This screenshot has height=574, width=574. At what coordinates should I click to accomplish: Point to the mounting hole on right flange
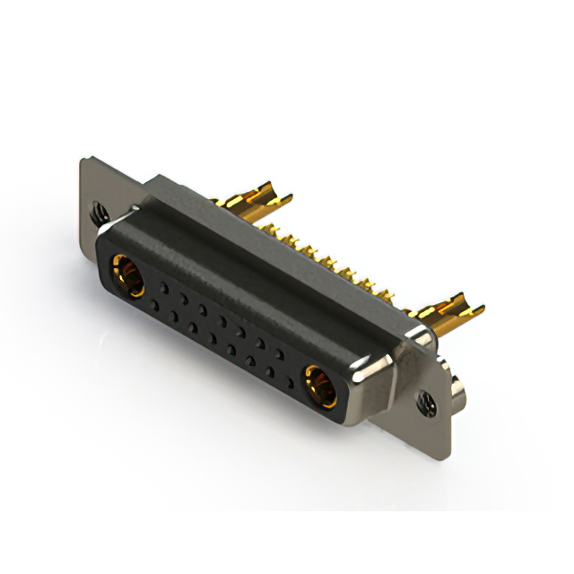(424, 404)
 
